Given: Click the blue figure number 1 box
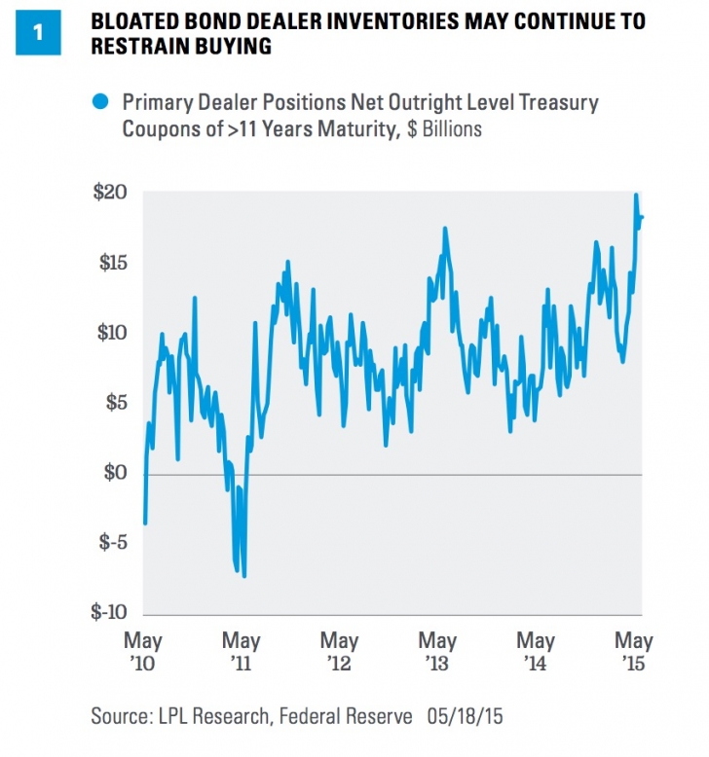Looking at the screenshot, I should click(39, 32).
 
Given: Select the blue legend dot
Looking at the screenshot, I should click(98, 100).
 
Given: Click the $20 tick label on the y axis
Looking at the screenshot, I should click(111, 194).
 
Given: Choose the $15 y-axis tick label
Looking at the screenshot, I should click(111, 264).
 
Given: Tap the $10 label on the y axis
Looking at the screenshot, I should click(111, 334).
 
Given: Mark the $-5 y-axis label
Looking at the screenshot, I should click(113, 543).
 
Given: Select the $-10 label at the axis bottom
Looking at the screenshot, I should click(109, 613).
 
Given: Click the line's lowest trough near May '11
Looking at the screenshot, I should click(243, 576).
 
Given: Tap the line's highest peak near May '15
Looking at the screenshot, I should click(636, 195).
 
